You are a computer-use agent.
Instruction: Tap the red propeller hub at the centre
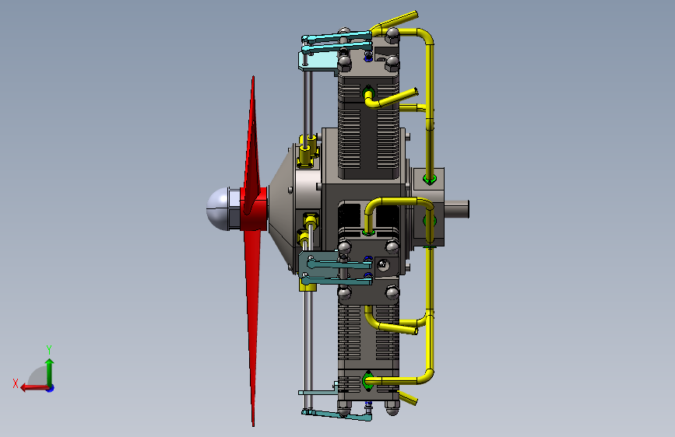(254, 208)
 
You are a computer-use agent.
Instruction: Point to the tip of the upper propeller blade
(253, 77)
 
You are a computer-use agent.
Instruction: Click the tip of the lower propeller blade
(253, 425)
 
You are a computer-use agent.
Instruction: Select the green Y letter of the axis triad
(49, 349)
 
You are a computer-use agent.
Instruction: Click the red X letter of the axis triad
(16, 383)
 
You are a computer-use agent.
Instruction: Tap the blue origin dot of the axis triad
(51, 388)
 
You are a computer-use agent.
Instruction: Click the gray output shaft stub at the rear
(456, 209)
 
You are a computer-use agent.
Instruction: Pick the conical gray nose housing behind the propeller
(282, 209)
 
